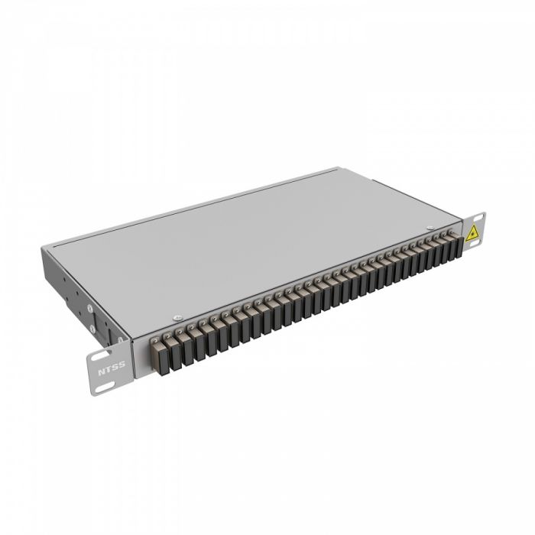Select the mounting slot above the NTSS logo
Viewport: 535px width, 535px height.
(x=100, y=355)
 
